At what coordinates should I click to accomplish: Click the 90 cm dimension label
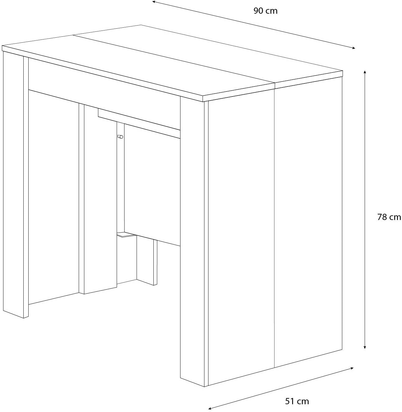coord(265,11)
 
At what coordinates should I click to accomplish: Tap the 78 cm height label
coord(389,217)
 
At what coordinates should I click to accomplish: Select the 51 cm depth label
coord(297,401)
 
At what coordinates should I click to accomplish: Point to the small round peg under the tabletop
coord(120,136)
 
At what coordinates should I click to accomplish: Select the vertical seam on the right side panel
coord(274,227)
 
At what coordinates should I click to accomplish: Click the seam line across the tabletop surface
coord(174,59)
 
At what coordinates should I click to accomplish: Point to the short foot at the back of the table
coord(147,261)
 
